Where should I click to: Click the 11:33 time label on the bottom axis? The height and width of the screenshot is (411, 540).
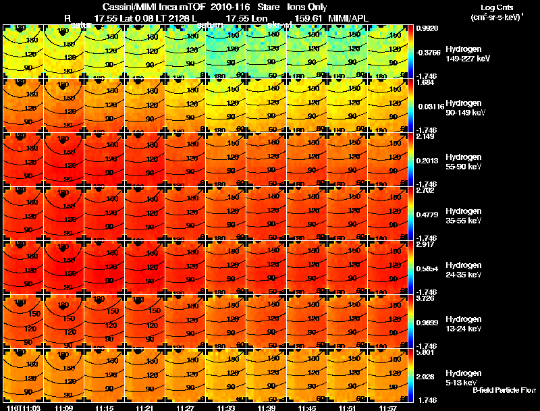pyautogui.click(x=225, y=408)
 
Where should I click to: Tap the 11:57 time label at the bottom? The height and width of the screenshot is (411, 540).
pyautogui.click(x=387, y=408)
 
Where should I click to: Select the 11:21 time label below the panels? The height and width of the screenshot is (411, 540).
pyautogui.click(x=144, y=408)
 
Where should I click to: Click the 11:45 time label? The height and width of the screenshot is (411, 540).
pyautogui.click(x=306, y=408)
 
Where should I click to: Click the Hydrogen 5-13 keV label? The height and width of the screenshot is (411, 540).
pyautogui.click(x=464, y=378)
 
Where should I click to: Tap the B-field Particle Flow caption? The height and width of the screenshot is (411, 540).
pyautogui.click(x=504, y=390)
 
